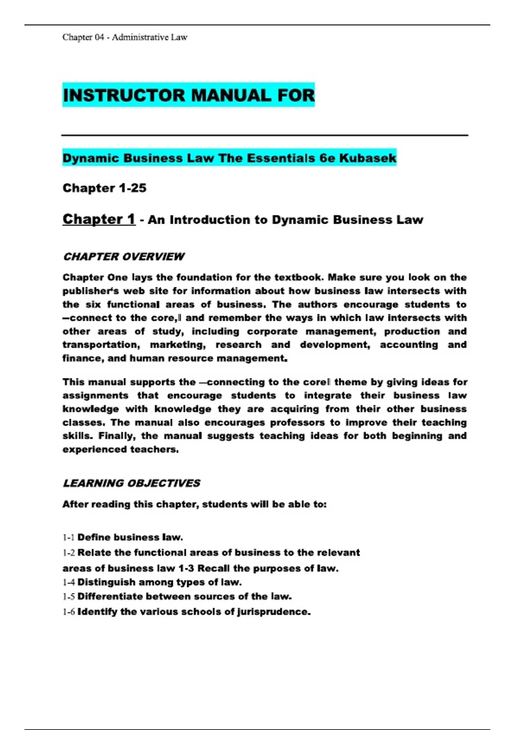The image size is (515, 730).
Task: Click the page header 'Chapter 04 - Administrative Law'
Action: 125,37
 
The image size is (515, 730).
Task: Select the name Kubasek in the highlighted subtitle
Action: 368,158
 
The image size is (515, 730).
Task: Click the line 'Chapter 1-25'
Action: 104,188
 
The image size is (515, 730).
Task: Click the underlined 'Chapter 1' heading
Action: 99,219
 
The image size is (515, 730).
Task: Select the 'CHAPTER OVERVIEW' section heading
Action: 124,257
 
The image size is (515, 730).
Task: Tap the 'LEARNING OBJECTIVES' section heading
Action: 131,484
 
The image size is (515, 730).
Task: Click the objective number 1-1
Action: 68,538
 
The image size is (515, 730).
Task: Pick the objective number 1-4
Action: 68,583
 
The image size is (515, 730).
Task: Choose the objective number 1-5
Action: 68,597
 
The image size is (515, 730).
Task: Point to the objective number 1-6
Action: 68,612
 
